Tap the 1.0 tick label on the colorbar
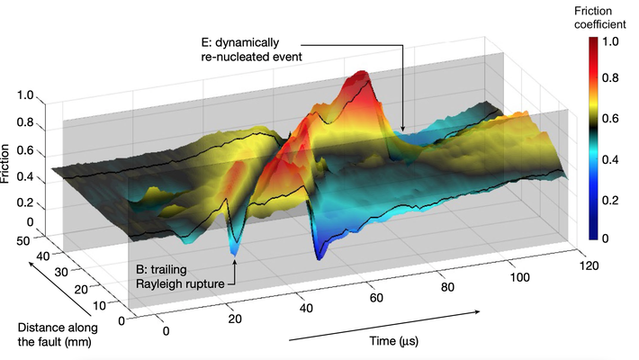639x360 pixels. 611,41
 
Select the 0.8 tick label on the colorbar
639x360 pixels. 611,79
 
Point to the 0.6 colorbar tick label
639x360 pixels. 611,119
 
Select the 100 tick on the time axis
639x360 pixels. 520,279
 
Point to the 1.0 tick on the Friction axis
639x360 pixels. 24,95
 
